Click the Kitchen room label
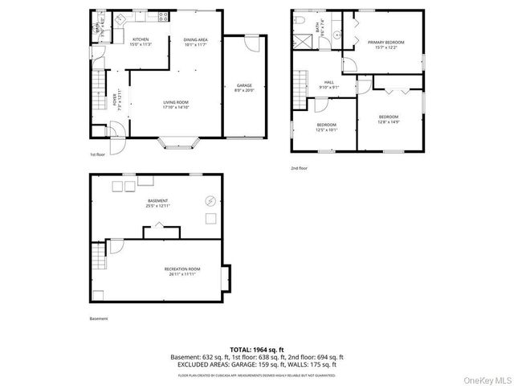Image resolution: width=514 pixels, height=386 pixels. [141, 40]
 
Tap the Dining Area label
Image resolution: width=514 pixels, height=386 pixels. [196, 42]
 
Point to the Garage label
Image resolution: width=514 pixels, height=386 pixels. [244, 87]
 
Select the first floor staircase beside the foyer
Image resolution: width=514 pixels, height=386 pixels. [99, 84]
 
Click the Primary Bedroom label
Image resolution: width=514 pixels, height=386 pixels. [385, 43]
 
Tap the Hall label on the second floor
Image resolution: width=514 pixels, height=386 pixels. [329, 84]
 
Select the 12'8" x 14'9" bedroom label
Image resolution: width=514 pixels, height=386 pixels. [389, 119]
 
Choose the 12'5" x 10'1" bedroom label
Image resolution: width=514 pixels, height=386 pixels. [326, 126]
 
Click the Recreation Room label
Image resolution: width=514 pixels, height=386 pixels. [182, 271]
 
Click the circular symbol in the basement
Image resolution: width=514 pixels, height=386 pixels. [211, 201]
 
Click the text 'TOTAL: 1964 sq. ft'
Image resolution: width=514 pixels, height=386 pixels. [256, 349]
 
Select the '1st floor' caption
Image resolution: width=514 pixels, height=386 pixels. [98, 154]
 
